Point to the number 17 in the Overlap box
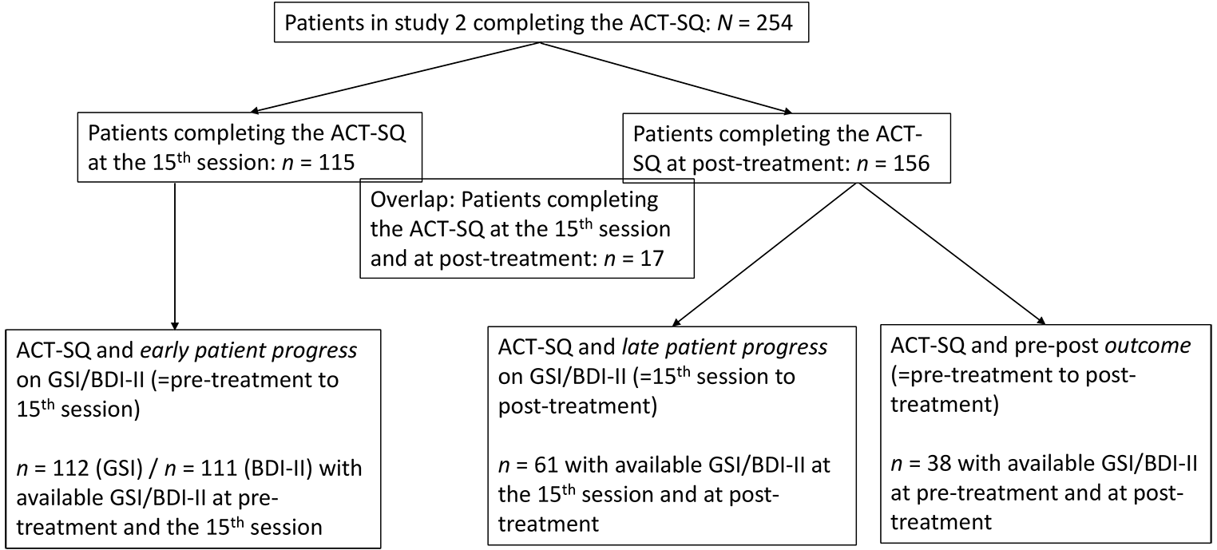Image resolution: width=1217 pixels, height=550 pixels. tap(651, 258)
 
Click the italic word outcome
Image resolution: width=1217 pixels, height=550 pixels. tap(1149, 346)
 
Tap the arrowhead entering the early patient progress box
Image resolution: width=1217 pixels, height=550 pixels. tap(174, 325)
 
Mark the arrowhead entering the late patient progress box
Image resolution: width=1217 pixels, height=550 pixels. tap(676, 322)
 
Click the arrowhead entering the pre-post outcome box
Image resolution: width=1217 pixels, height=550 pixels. tap(1041, 320)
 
